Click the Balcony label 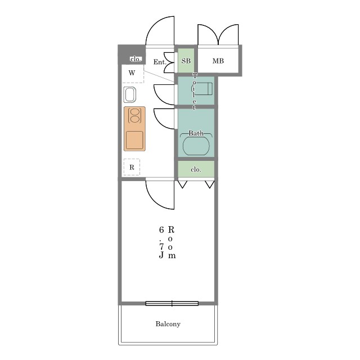[168, 324]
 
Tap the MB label [218, 61]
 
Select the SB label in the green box [186, 61]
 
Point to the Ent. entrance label [160, 62]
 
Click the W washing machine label [132, 73]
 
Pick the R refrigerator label [132, 168]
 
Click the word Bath [196, 133]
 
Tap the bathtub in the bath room [196, 146]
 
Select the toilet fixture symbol [202, 89]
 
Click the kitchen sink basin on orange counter [134, 140]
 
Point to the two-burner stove [135, 115]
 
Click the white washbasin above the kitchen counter [130, 94]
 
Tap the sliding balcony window [172, 304]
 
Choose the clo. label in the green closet [196, 169]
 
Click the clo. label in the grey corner [136, 59]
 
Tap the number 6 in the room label [161, 229]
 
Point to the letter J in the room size [161, 255]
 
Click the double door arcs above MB [218, 34]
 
